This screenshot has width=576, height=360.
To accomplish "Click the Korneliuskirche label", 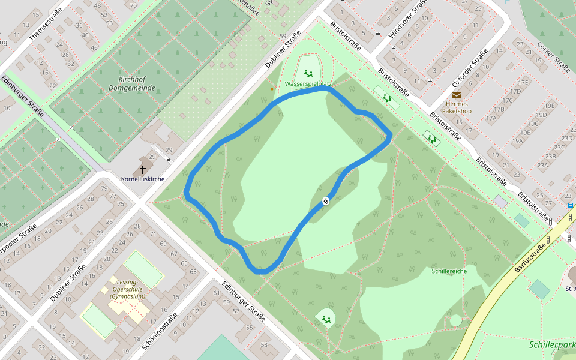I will (143, 179).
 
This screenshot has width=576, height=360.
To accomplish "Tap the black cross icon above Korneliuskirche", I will (143, 170).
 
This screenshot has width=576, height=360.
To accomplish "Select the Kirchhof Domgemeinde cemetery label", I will (132, 83).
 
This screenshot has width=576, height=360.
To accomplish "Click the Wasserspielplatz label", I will (308, 84).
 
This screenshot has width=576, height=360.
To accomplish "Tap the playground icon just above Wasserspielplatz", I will (308, 73).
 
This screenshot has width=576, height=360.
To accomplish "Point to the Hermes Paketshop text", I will (457, 107).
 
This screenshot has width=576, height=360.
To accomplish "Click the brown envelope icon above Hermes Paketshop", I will (457, 95).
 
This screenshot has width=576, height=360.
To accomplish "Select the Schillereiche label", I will (449, 271).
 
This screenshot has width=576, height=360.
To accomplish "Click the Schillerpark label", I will (552, 345).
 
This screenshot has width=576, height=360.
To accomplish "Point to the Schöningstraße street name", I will (160, 332).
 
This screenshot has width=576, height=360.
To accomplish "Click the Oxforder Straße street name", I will (471, 68).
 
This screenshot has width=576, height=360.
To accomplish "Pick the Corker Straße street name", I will (553, 56).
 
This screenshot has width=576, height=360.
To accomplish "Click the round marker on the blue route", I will (326, 202).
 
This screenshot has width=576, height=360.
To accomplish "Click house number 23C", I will (560, 147).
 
